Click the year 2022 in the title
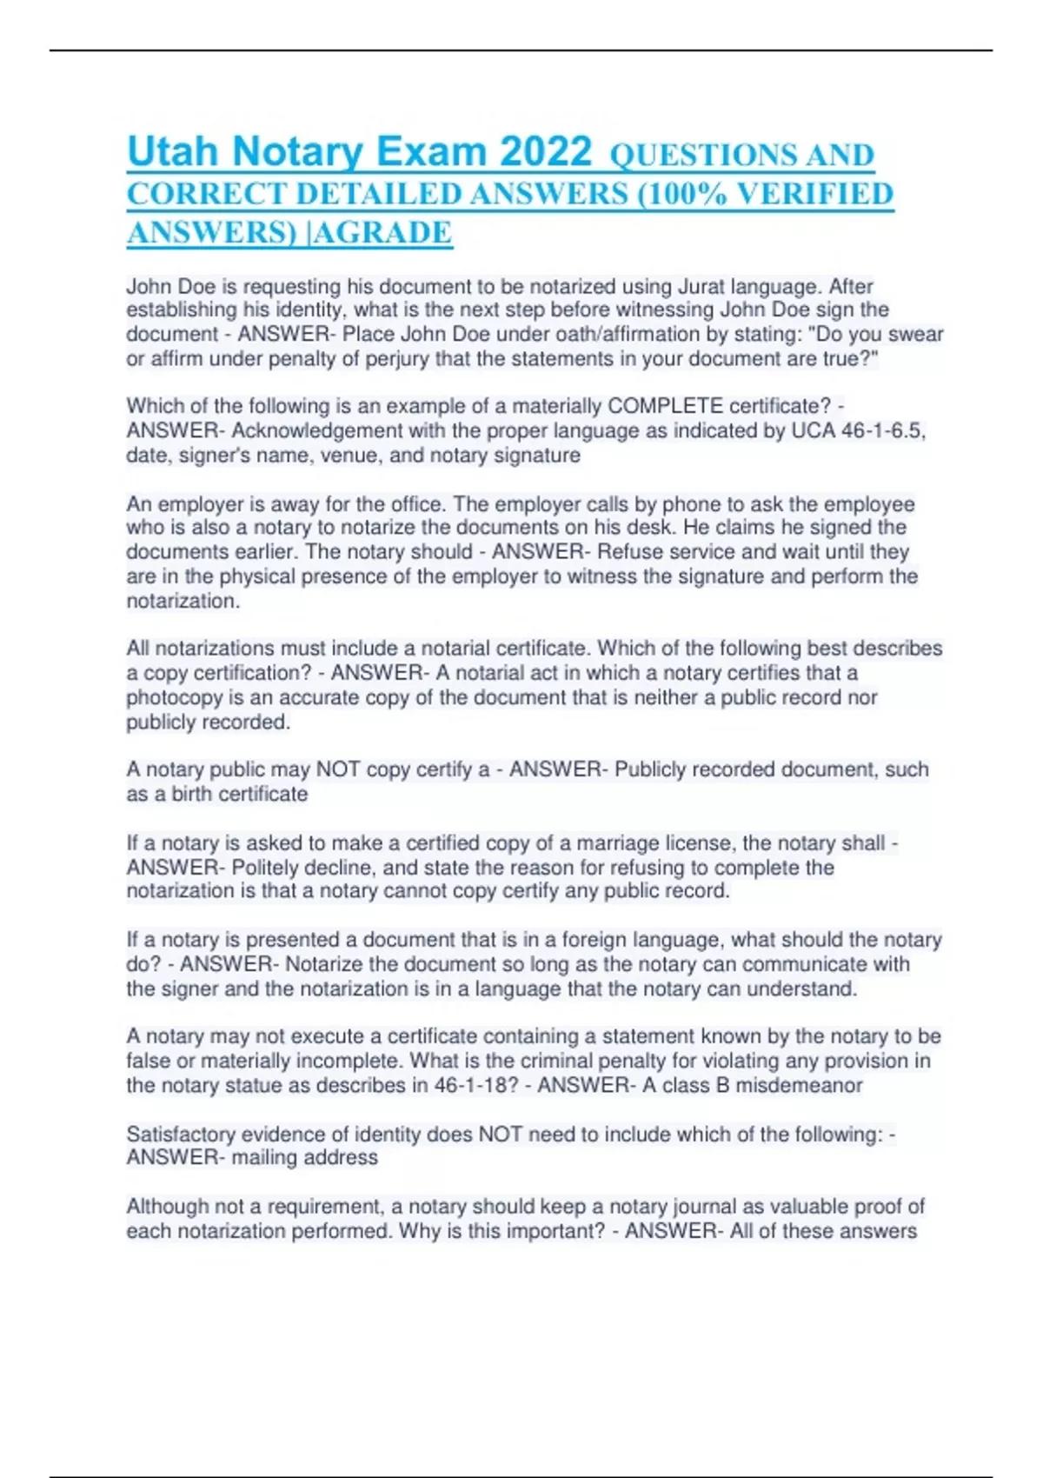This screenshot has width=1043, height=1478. [x=546, y=152]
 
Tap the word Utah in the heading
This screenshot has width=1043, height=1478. [x=172, y=152]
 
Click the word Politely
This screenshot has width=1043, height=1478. [x=266, y=867]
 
